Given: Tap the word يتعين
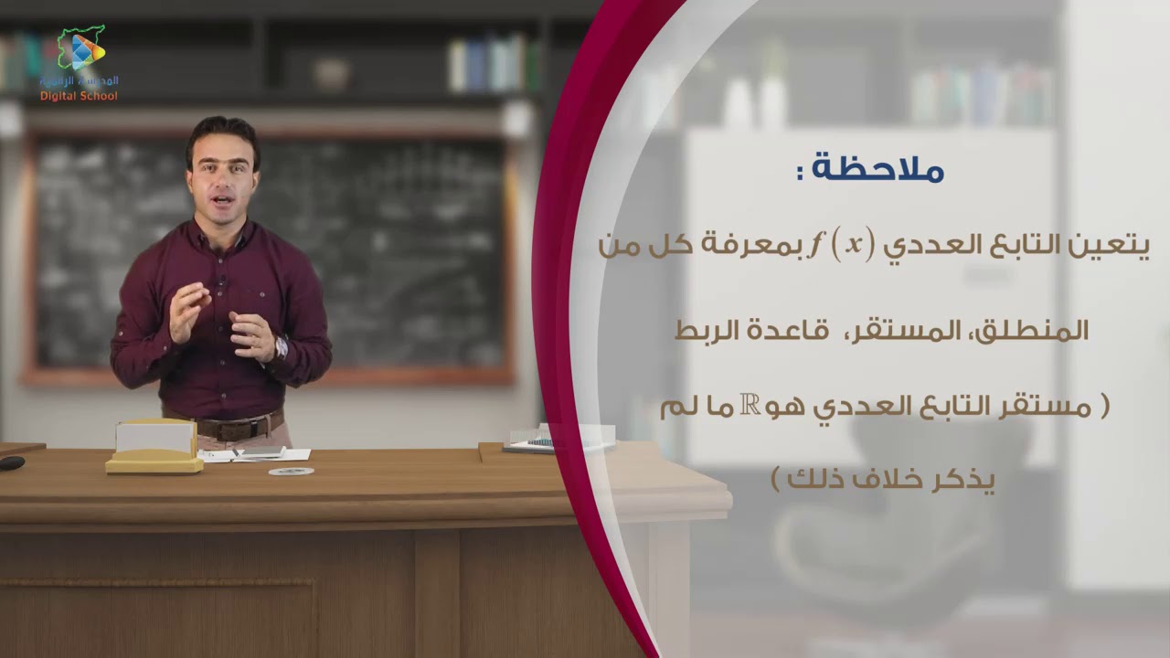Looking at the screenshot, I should [x=1111, y=245].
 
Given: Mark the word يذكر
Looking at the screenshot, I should [x=960, y=480].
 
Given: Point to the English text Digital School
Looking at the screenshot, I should [x=79, y=96].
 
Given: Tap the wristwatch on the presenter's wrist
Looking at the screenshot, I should [x=281, y=346].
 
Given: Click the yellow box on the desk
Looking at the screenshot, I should [x=154, y=447].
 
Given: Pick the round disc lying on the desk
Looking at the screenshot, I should [x=291, y=472].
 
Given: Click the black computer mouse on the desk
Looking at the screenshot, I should [x=11, y=463].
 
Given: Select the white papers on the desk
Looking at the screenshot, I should [x=261, y=454].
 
